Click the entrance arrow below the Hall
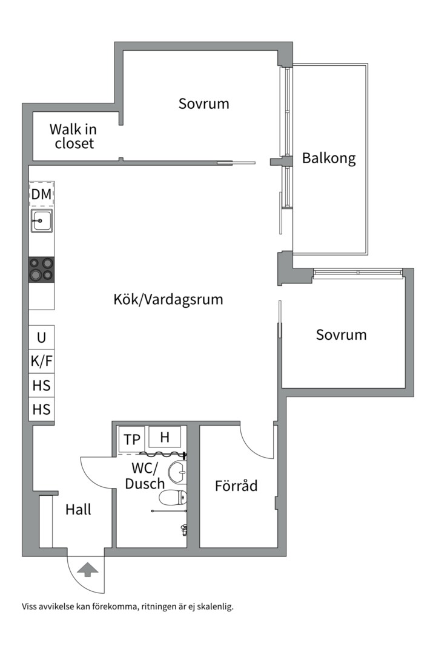(88, 569)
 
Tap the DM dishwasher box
(41, 194)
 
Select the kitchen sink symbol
(41, 221)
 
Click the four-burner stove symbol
(41, 270)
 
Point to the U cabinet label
(41, 337)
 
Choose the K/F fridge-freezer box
(41, 362)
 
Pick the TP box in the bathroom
(130, 440)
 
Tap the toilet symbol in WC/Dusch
(171, 498)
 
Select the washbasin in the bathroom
(177, 472)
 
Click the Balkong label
(329, 159)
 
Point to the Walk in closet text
(73, 136)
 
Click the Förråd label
(236, 486)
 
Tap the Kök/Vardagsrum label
(168, 299)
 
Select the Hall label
(78, 510)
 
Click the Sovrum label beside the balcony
(203, 103)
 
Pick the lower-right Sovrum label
(341, 334)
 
